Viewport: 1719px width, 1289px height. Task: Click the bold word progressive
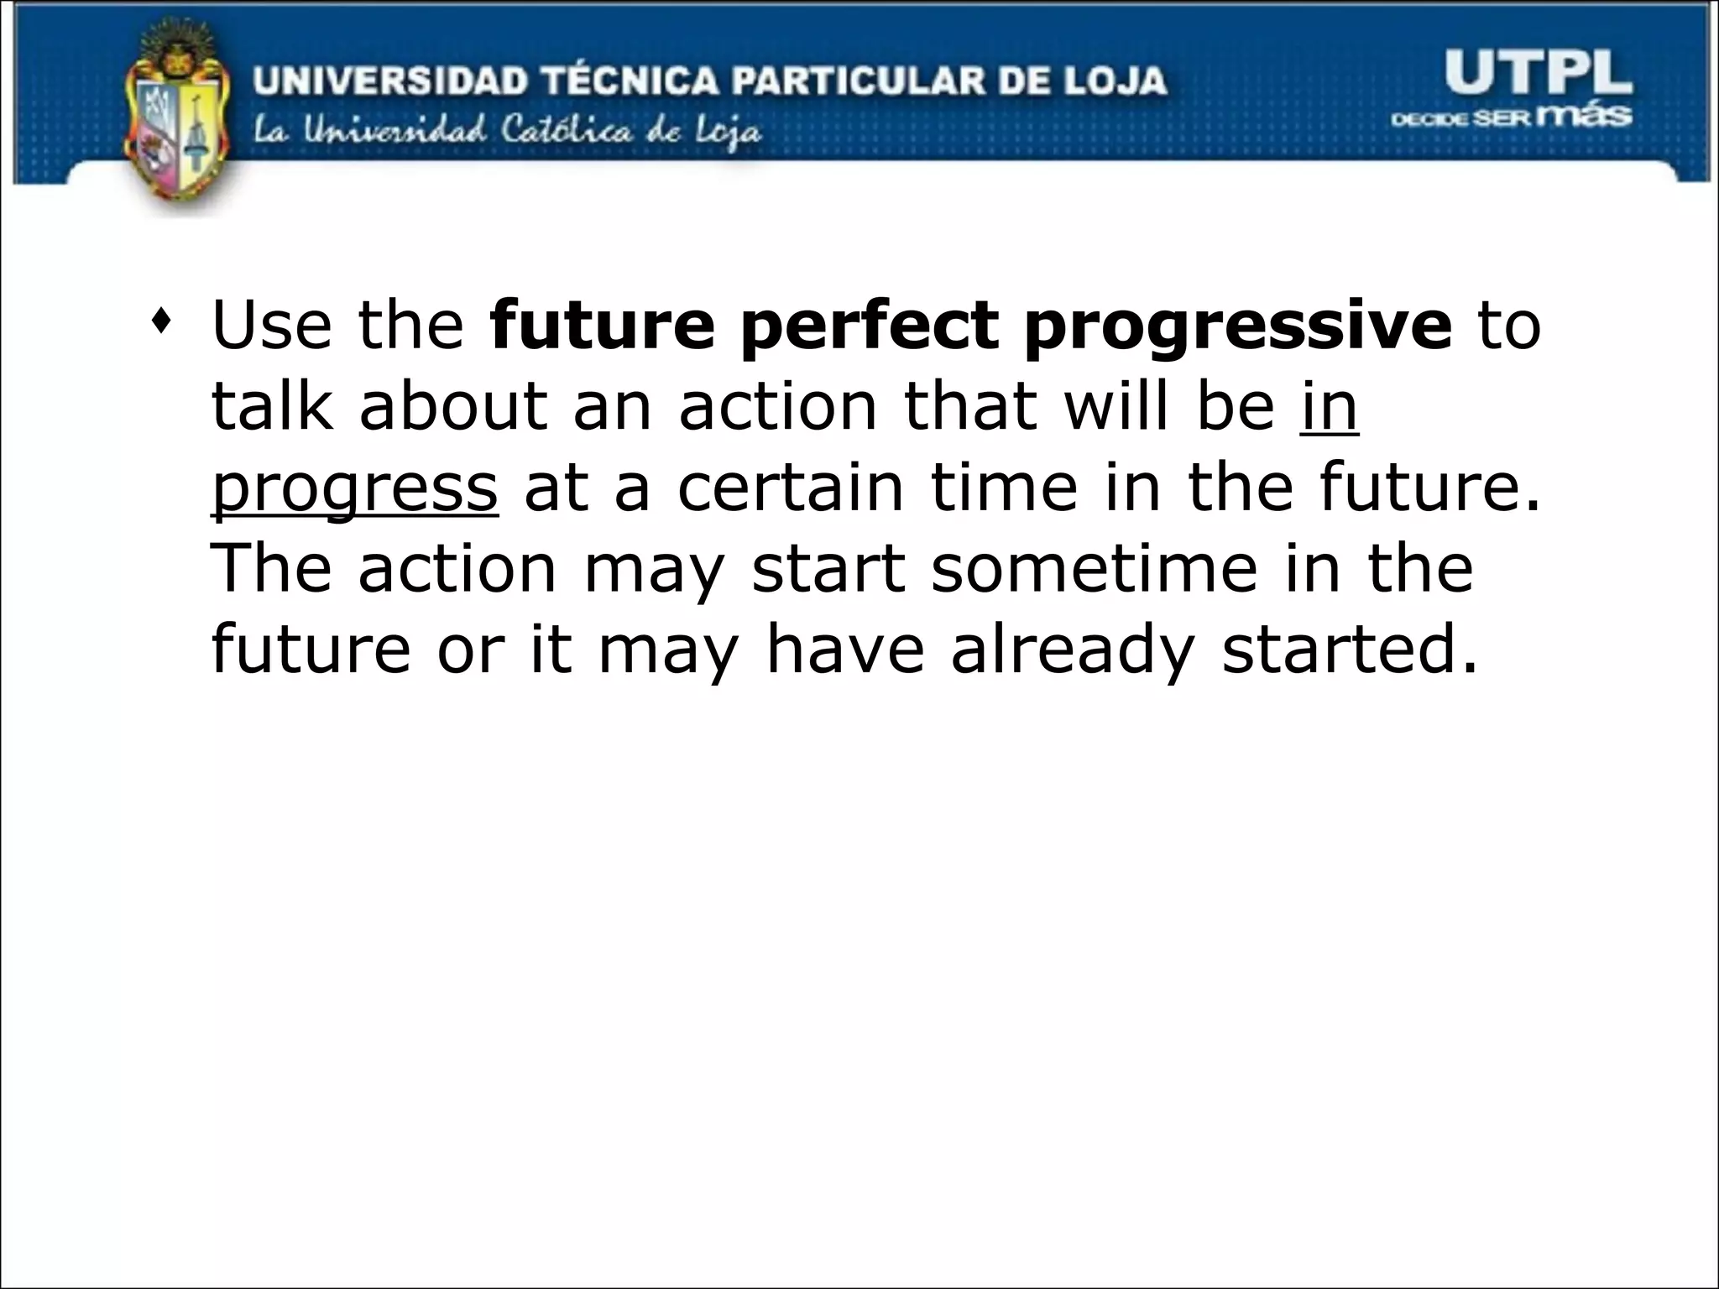point(1237,327)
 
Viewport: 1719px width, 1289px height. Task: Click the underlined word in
point(1329,408)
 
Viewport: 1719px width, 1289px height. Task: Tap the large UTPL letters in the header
point(1538,74)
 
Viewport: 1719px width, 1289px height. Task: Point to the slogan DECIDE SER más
point(1511,117)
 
